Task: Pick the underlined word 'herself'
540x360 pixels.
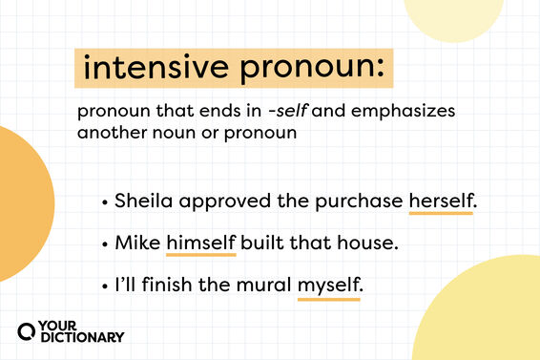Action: [442, 201]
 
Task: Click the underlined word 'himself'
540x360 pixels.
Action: [200, 243]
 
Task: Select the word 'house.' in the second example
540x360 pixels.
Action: [371, 243]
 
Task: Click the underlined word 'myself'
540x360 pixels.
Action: [329, 285]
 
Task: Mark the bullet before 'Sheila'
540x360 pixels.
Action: [102, 202]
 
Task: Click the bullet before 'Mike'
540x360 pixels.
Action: [102, 244]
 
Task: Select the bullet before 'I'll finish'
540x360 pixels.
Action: [102, 286]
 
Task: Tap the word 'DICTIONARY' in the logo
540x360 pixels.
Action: [82, 337]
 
